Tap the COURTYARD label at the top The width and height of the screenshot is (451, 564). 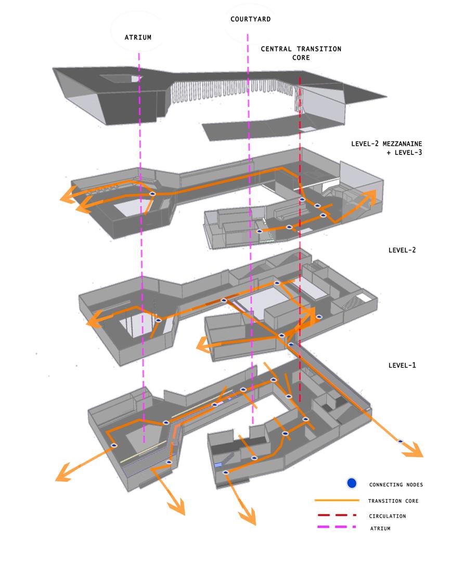(251, 19)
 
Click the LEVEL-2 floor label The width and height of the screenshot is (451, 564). (402, 250)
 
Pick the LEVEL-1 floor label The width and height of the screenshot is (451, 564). (402, 365)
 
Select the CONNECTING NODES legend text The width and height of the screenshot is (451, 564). (396, 484)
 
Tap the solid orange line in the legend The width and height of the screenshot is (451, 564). (337, 501)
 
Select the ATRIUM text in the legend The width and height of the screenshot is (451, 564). (380, 529)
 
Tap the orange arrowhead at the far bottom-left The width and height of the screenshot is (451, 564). (64, 473)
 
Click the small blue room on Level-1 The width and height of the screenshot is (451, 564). (218, 464)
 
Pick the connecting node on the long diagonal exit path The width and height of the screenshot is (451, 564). (400, 441)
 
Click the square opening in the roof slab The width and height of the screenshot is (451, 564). (119, 78)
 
